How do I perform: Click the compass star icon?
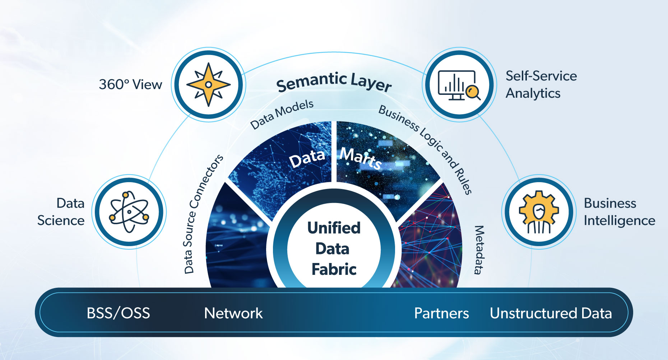coord(208,85)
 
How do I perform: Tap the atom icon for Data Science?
coord(129,212)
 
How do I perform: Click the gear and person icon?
coord(539,212)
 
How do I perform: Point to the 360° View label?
coord(130,85)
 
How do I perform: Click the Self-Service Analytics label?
coord(541,84)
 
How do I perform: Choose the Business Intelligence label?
coord(619,212)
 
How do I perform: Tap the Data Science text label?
coord(61,212)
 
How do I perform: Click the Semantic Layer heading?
coord(334,82)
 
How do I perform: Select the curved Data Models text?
coord(282,114)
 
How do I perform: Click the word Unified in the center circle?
coord(334,228)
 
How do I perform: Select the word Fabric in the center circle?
coord(334,269)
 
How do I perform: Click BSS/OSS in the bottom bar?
coord(118,313)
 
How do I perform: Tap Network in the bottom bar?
coord(233,313)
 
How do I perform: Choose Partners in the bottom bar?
coord(441,313)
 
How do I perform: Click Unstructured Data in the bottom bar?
coord(551,313)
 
